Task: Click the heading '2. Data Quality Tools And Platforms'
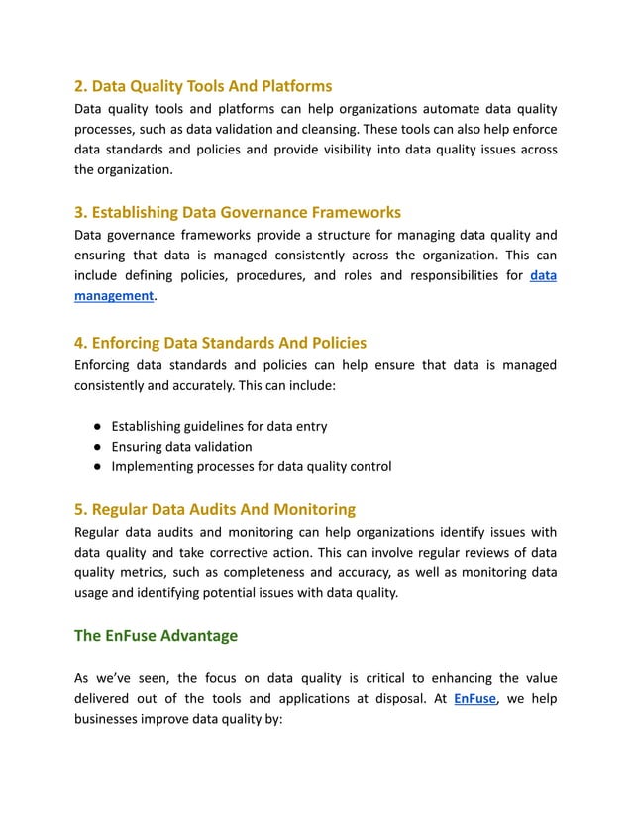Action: (x=203, y=86)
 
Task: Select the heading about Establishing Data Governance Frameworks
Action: (x=238, y=212)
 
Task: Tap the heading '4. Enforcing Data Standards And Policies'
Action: (x=220, y=343)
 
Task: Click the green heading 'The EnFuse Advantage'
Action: (x=156, y=635)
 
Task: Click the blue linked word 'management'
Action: (x=114, y=295)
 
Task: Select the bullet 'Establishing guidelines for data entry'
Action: (x=219, y=426)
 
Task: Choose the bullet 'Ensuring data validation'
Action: (x=181, y=447)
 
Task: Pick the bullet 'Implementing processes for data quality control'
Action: (x=251, y=466)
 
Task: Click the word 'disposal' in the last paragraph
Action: (x=395, y=699)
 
